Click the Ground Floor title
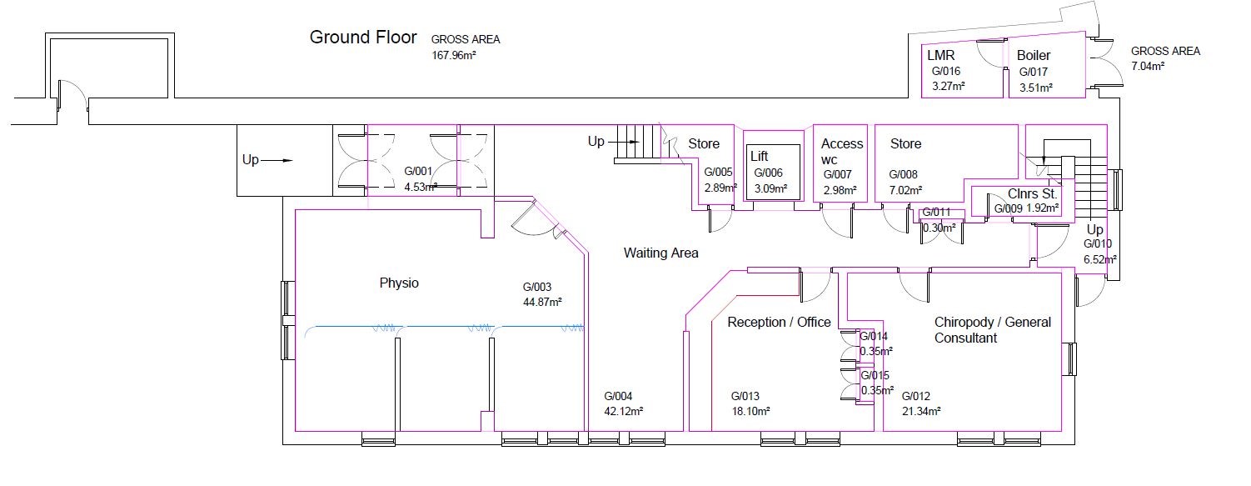click(362, 38)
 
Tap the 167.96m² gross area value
click(453, 57)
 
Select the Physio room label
click(399, 283)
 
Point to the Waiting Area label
click(660, 253)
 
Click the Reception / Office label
click(779, 322)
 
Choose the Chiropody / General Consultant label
click(992, 330)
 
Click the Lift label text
click(759, 156)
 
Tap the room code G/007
click(838, 174)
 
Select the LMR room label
click(940, 55)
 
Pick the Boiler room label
click(1034, 55)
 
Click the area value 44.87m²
click(542, 302)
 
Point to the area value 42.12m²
click(623, 411)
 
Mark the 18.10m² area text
click(750, 411)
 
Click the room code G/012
click(915, 396)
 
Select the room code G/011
click(935, 213)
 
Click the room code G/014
click(874, 336)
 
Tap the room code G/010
click(1099, 244)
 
